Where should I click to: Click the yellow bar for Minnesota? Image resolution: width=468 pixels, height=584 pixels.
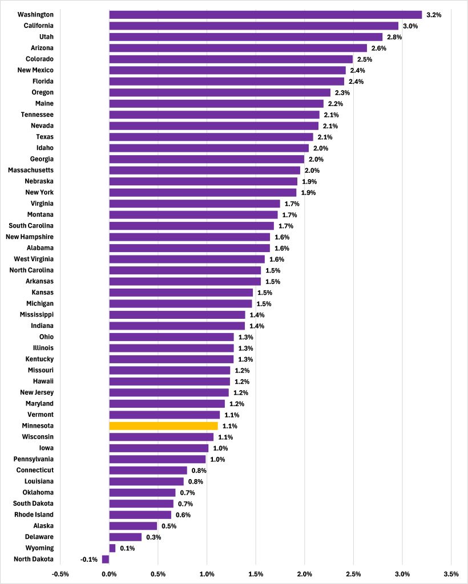(163, 425)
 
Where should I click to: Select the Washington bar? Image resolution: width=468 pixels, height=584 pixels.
(265, 14)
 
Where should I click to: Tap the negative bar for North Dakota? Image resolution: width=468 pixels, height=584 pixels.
(106, 559)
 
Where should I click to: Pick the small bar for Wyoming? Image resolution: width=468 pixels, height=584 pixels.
(112, 548)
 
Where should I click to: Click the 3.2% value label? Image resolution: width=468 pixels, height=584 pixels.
(434, 15)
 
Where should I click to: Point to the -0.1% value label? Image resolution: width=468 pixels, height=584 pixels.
(88, 559)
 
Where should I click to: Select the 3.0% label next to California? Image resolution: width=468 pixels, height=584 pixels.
(410, 26)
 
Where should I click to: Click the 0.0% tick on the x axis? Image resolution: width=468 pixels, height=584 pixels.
(109, 574)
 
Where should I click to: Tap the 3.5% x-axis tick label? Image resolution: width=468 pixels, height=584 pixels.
(451, 574)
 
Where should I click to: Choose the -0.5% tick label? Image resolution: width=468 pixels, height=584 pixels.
(60, 574)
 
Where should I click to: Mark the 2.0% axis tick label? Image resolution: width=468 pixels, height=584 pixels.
(305, 574)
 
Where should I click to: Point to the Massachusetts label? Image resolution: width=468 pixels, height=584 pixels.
(31, 170)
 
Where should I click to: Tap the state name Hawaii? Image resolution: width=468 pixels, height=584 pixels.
(43, 381)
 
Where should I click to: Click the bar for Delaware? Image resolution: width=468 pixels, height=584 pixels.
(126, 537)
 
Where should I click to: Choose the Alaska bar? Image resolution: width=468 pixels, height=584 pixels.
(133, 526)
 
